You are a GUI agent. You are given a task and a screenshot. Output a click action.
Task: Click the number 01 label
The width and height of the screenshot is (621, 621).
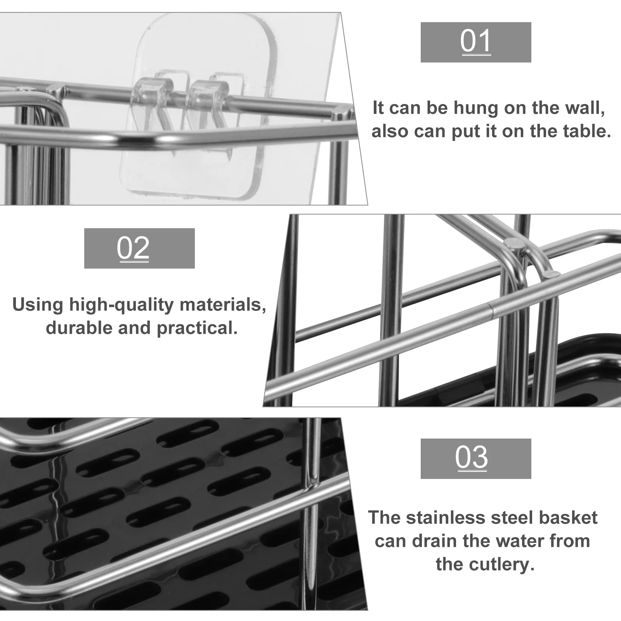[476, 42]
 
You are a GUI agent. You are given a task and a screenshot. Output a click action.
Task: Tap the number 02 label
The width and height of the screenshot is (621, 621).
[133, 248]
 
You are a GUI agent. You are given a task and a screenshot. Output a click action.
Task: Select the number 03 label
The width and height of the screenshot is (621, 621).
[471, 458]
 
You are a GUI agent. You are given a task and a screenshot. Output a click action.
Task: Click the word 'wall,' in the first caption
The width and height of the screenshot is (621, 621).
[585, 108]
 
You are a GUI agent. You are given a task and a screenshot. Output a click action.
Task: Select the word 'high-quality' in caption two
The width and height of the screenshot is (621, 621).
[121, 305]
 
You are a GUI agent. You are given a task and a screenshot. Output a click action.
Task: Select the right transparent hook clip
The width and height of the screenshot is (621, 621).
[206, 93]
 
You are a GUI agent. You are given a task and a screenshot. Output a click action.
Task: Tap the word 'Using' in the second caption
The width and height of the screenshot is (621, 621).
[38, 305]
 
